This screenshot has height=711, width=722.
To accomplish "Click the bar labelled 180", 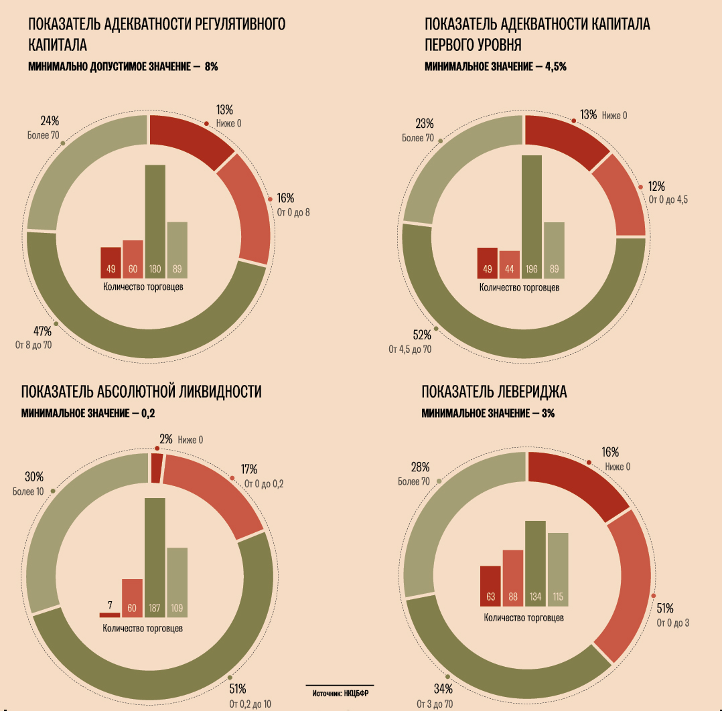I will [155, 221].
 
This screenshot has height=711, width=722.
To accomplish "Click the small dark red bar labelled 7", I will [109, 615].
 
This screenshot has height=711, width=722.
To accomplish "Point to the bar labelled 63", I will [490, 586].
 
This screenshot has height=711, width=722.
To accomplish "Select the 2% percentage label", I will [166, 439].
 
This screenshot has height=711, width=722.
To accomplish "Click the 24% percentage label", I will [50, 121].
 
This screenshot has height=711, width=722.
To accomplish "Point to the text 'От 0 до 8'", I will [293, 213].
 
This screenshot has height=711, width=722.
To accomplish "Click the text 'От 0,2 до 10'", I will [250, 704].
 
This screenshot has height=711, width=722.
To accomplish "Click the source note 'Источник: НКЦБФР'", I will [340, 694].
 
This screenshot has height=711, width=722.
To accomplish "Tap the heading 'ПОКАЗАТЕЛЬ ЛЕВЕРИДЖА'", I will [494, 392].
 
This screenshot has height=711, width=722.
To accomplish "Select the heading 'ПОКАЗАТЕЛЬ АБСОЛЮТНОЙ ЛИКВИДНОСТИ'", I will [141, 392].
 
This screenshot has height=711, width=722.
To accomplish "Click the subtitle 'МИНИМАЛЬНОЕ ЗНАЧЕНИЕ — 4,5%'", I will [496, 67].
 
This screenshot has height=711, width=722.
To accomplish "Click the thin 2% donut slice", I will [157, 468].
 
